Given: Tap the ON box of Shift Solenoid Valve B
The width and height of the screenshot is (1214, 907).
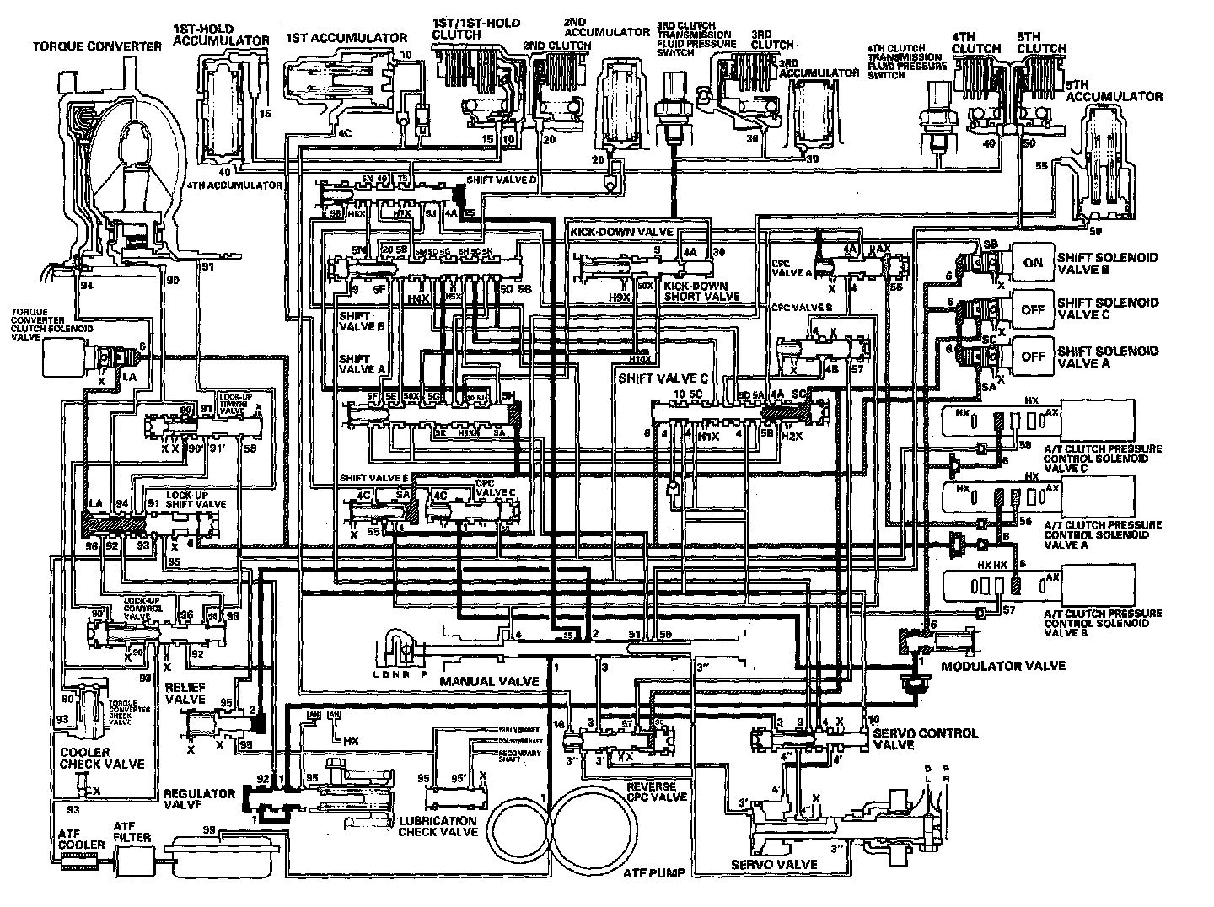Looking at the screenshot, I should (x=1033, y=262).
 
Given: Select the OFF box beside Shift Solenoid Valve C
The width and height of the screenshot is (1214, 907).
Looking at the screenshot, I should (x=1033, y=309).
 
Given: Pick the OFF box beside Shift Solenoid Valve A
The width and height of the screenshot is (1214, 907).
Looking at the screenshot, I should (x=1033, y=357).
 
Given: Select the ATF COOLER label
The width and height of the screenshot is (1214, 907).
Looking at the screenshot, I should (x=81, y=839).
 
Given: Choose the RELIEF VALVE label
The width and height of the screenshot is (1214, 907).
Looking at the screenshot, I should (x=185, y=693).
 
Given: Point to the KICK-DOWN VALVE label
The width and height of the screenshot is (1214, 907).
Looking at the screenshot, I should (x=620, y=231).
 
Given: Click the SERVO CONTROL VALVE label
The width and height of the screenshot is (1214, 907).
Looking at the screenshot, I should (x=925, y=739).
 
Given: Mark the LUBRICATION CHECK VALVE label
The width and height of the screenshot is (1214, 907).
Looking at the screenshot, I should (x=438, y=826).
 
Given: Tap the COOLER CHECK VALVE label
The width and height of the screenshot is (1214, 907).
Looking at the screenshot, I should (x=101, y=758).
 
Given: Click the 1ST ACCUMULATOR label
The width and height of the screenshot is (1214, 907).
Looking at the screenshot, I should (x=346, y=38).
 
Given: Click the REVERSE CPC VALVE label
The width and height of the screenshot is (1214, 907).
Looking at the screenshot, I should (x=657, y=792).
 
